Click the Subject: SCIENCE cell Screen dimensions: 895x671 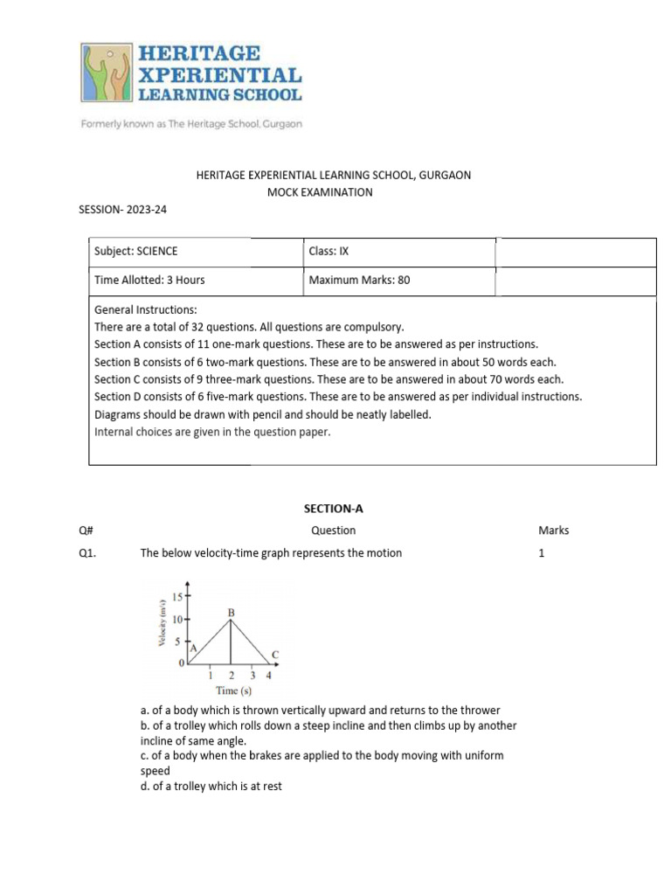point(135,252)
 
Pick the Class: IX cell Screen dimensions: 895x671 point(329,252)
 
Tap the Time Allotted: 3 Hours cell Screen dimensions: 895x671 point(149,281)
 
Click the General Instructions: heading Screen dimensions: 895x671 point(145,310)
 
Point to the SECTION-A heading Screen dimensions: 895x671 point(333,508)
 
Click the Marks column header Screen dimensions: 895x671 point(553,531)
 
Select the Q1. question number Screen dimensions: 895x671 point(86,553)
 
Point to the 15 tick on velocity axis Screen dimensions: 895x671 point(178,597)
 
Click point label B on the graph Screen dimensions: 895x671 point(232,614)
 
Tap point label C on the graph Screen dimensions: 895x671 point(275,655)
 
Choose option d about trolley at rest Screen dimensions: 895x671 point(211,787)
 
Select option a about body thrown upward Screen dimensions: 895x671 point(320,711)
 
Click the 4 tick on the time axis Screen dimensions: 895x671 point(268,676)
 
